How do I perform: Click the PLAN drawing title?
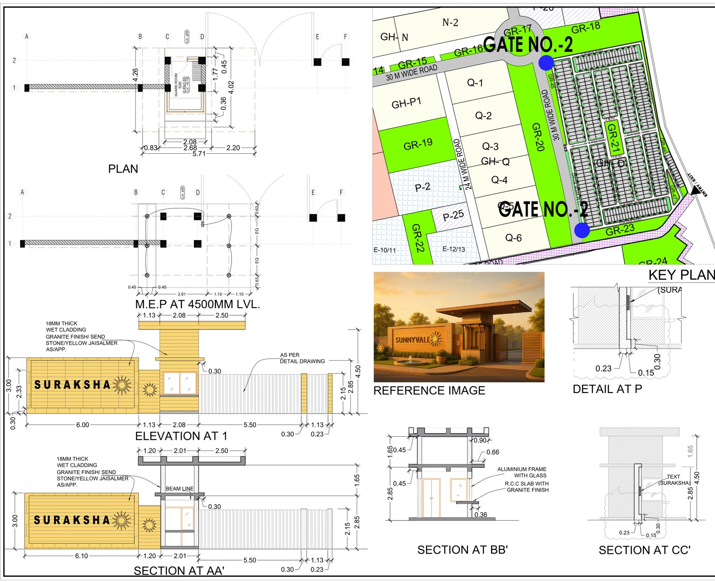pyautogui.click(x=123, y=169)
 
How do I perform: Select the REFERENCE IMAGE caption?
pyautogui.click(x=429, y=391)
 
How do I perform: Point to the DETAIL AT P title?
pyautogui.click(x=607, y=389)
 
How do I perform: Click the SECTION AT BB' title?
pyautogui.click(x=463, y=550)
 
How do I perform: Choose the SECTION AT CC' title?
pyautogui.click(x=644, y=550)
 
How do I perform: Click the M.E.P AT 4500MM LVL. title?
pyautogui.click(x=198, y=304)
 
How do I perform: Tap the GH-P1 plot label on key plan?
pyautogui.click(x=406, y=103)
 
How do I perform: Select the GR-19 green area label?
pyautogui.click(x=418, y=145)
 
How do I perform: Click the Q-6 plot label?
pyautogui.click(x=513, y=238)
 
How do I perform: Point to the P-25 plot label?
pyautogui.click(x=453, y=215)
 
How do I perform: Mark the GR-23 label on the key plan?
pyautogui.click(x=620, y=231)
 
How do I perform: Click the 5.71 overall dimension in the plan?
pyautogui.click(x=199, y=154)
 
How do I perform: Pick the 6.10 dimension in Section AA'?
pyautogui.click(x=81, y=556)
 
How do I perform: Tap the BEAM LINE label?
pyautogui.click(x=180, y=489)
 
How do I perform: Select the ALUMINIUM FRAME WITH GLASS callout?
pyautogui.click(x=522, y=472)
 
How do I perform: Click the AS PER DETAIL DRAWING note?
pyautogui.click(x=302, y=358)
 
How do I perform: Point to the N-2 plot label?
pyautogui.click(x=450, y=22)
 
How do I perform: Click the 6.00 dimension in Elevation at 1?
pyautogui.click(x=82, y=425)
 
